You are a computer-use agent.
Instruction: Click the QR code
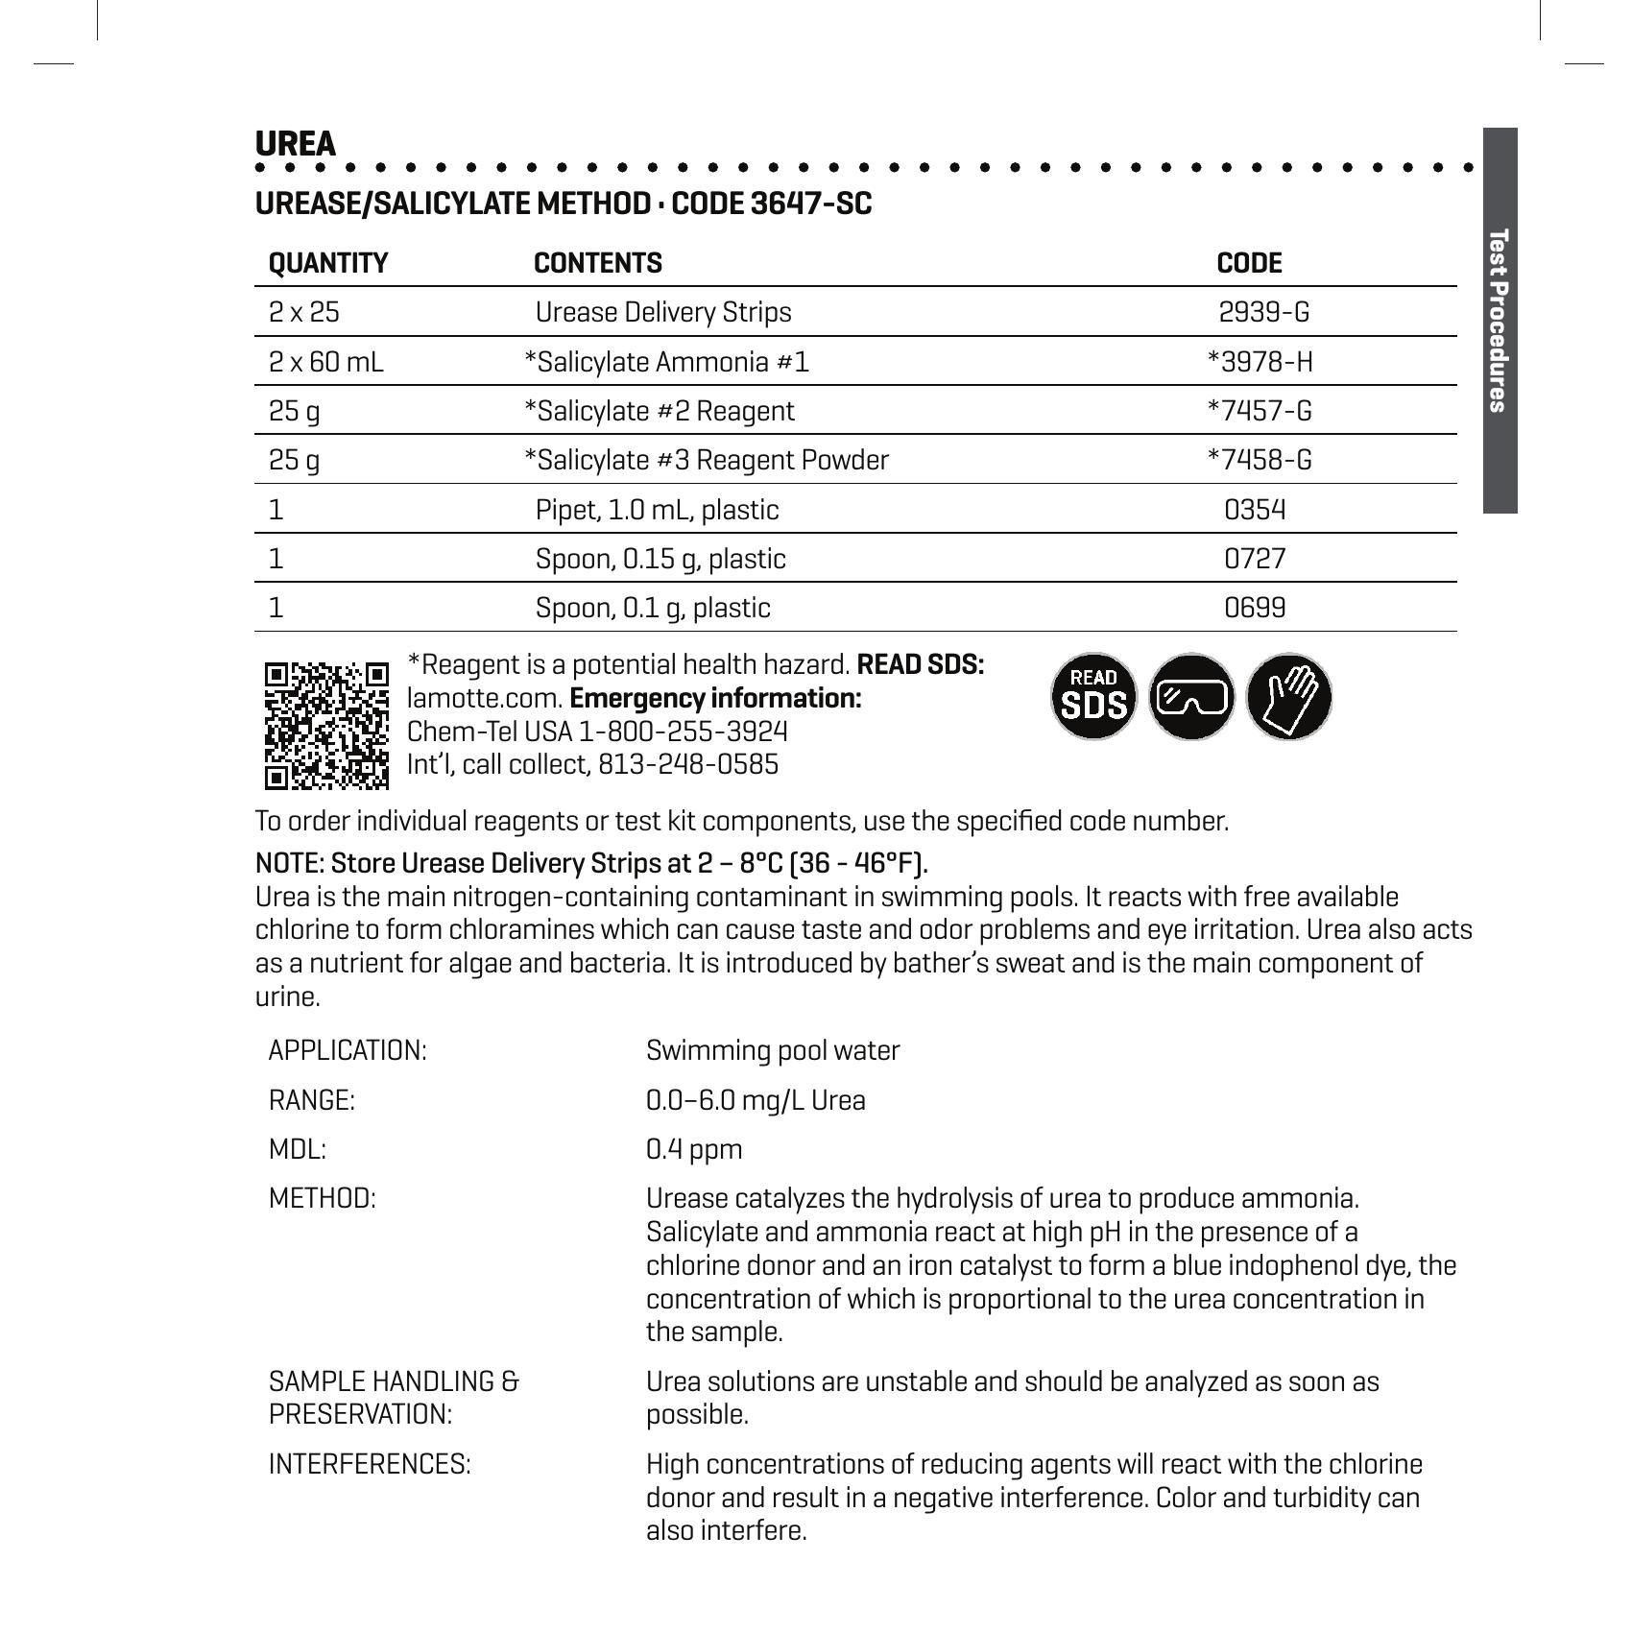pos(326,725)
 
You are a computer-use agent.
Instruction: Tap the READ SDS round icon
pos(1093,697)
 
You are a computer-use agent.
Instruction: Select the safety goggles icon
pos(1191,697)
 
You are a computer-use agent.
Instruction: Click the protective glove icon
pos(1289,697)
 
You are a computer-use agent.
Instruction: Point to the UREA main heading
pos(296,144)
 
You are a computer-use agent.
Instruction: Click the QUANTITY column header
pos(328,263)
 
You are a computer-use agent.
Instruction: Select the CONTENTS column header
pos(598,263)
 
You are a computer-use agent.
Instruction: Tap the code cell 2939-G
pos(1263,312)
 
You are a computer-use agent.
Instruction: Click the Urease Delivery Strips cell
pos(663,312)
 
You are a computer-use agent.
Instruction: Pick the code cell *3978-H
pos(1260,362)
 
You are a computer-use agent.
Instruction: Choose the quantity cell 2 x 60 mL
pos(325,362)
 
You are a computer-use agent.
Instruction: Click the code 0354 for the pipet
pos(1255,510)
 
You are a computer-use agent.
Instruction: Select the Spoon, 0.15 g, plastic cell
pos(660,559)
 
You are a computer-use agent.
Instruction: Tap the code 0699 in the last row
pos(1255,608)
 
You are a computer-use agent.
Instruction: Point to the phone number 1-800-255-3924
pos(683,732)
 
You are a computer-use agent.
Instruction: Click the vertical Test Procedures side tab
pos(1500,320)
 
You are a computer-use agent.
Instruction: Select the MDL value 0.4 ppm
pos(694,1149)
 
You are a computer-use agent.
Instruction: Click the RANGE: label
pos(312,1100)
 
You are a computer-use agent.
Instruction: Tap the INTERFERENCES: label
pos(370,1464)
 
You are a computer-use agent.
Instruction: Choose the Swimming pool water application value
pos(773,1050)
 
